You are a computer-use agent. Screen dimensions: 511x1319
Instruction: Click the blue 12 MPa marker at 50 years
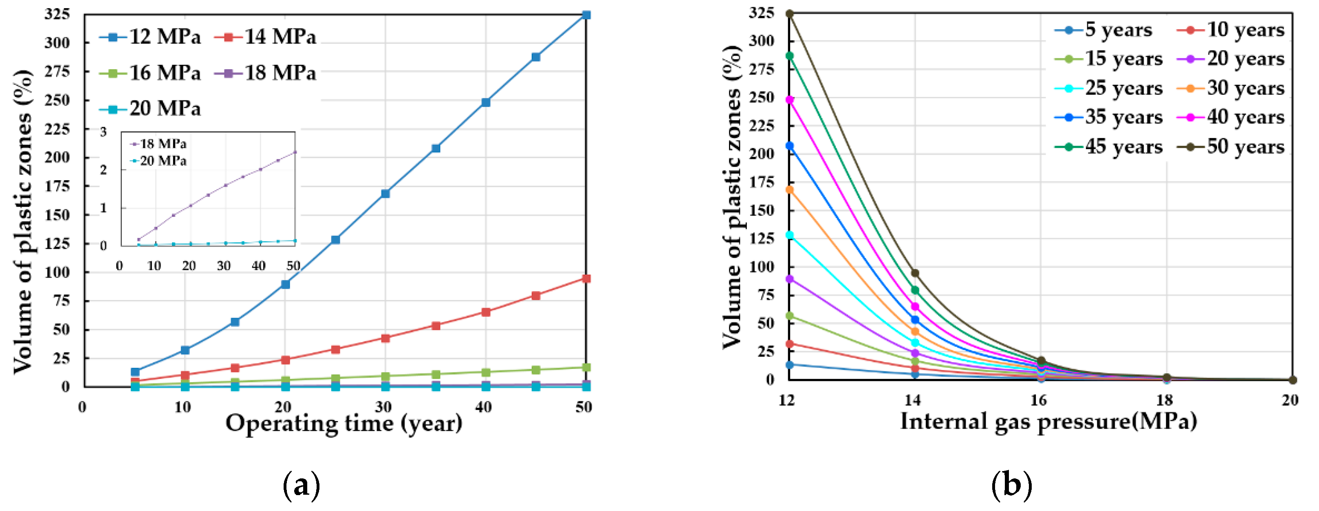pos(586,15)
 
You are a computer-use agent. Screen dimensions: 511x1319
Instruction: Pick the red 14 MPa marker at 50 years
pos(586,279)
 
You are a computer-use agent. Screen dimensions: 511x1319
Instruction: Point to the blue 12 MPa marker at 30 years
pos(385,194)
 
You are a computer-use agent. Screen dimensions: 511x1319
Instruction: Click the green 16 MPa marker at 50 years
pos(586,367)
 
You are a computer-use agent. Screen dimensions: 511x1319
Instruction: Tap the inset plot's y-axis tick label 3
pos(103,132)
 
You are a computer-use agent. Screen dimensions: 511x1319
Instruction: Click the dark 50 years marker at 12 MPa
pos(790,14)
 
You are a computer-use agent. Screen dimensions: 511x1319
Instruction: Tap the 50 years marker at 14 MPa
pos(915,273)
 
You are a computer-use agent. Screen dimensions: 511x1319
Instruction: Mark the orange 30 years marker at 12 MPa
pos(790,190)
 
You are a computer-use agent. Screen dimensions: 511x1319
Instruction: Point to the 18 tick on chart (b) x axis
pos(1165,400)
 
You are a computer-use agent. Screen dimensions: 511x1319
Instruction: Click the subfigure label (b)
pos(1012,485)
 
